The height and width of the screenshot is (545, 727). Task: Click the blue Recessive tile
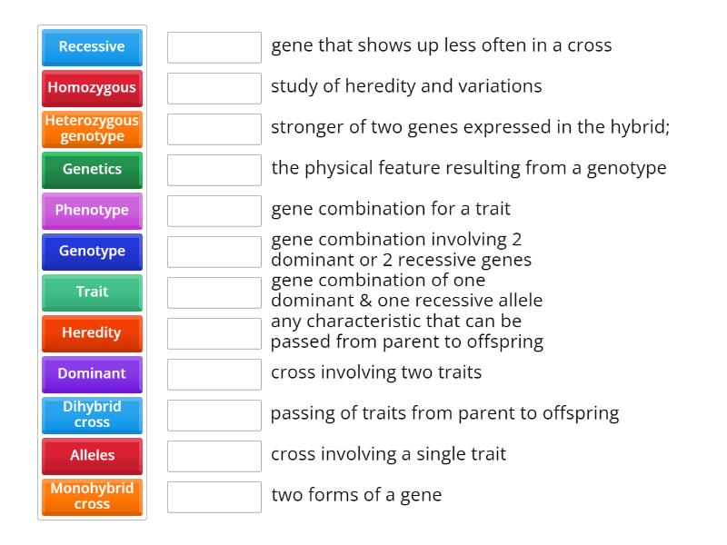(92, 46)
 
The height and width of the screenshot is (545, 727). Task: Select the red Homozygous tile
(92, 87)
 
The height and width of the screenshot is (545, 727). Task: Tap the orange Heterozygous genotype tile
(92, 128)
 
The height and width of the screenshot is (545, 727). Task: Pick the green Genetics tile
(92, 169)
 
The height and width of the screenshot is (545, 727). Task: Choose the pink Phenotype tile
(92, 210)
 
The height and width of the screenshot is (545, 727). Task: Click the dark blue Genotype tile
(92, 251)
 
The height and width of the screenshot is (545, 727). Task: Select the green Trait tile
(92, 292)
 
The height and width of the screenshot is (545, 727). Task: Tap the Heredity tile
(92, 332)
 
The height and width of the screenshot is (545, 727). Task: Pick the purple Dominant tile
(92, 373)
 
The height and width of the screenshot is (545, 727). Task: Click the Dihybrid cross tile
(92, 414)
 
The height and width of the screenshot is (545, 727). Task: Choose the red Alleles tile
(92, 455)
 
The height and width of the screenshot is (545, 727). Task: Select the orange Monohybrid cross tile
(92, 496)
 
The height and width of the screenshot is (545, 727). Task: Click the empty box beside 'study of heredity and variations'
(214, 88)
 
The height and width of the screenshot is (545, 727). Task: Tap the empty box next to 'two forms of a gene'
(214, 497)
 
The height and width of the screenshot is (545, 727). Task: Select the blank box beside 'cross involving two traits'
(214, 374)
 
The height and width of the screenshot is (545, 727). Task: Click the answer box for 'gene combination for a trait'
(214, 211)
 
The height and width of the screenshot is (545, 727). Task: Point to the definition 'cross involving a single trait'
(388, 454)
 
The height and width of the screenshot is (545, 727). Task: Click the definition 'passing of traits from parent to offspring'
(444, 413)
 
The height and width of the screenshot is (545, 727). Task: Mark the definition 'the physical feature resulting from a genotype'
(468, 168)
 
